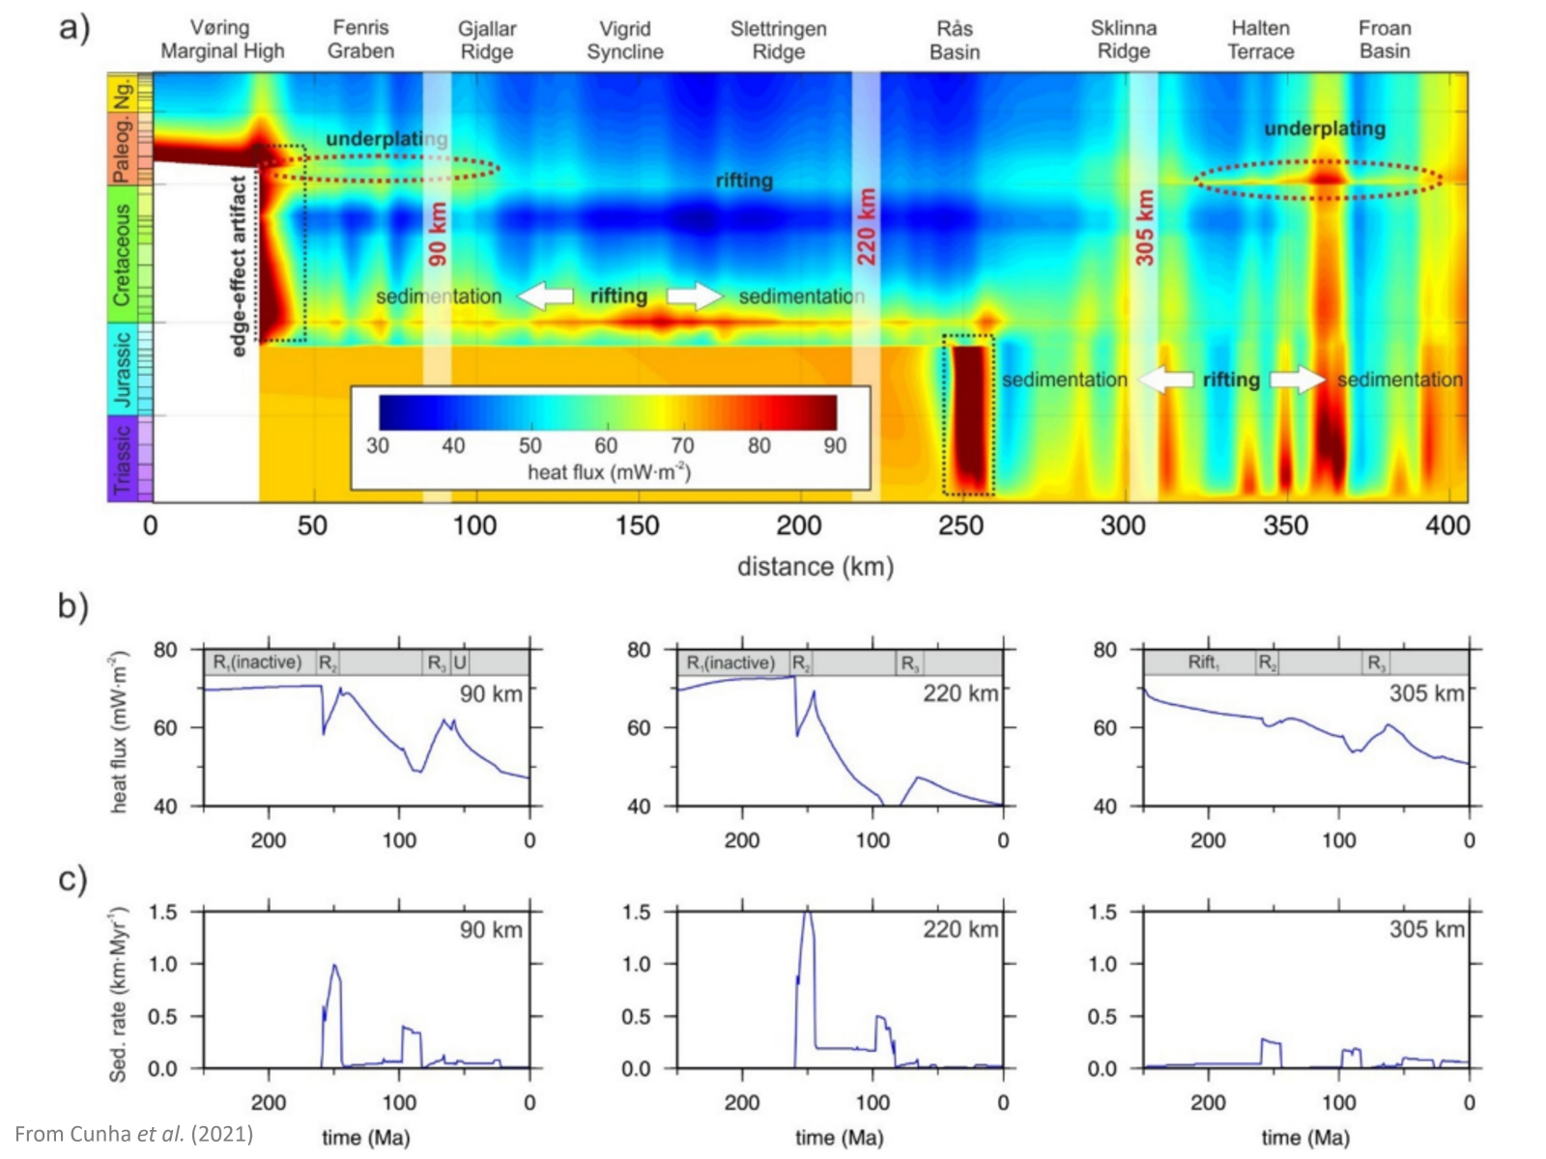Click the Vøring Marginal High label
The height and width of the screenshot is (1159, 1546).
tap(222, 40)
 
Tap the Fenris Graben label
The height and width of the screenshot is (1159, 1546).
tap(360, 40)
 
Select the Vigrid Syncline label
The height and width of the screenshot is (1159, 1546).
tap(624, 40)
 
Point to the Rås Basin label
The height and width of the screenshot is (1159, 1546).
tap(955, 40)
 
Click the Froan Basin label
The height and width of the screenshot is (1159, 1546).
tap(1384, 40)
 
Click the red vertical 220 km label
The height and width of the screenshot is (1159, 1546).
tap(867, 227)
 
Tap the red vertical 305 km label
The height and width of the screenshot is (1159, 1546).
tap(1144, 227)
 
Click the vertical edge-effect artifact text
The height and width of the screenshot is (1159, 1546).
tap(240, 265)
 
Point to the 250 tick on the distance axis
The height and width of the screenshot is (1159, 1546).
tap(961, 526)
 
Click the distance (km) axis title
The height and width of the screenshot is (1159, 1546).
tap(815, 567)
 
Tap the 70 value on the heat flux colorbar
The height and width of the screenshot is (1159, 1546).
tap(682, 445)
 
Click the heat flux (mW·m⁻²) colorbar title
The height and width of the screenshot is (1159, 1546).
tap(609, 472)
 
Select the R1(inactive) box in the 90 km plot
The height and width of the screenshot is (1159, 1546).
tap(257, 663)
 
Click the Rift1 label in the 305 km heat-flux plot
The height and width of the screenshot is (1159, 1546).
tap(1204, 663)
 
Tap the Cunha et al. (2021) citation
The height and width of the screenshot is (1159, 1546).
tap(134, 1133)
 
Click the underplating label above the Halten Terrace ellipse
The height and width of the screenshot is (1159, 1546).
tap(1325, 128)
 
